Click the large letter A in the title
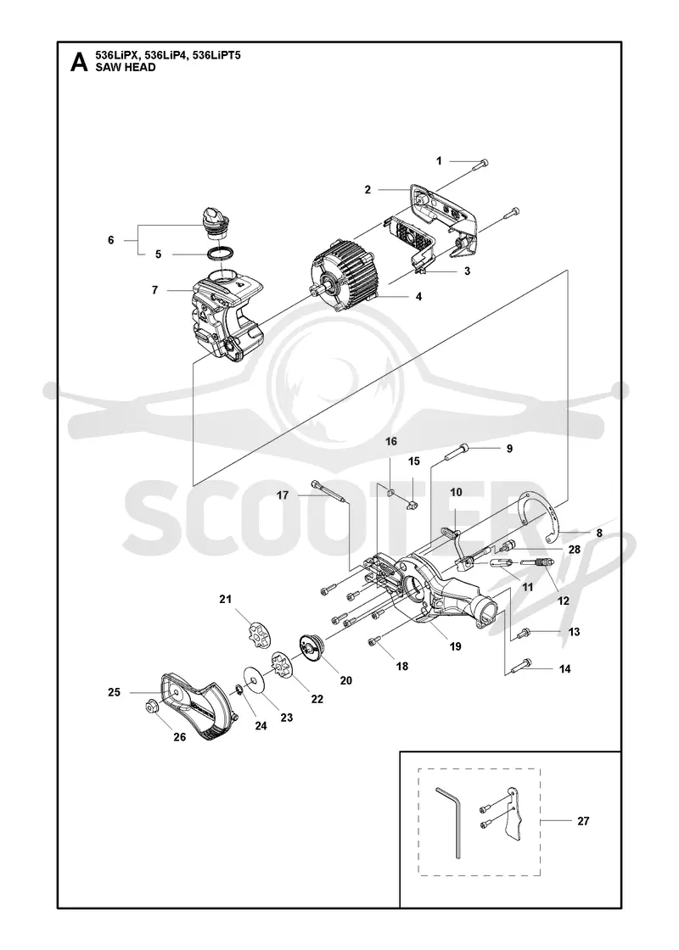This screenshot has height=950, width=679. click(x=80, y=63)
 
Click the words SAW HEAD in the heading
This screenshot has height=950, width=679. click(x=126, y=67)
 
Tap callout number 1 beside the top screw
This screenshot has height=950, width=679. click(x=440, y=160)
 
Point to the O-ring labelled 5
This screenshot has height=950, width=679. click(x=222, y=254)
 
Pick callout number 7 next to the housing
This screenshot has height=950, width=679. click(x=154, y=290)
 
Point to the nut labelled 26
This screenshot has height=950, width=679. click(x=149, y=707)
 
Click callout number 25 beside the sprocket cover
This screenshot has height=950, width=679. click(x=114, y=692)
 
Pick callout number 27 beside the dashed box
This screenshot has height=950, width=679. click(x=582, y=821)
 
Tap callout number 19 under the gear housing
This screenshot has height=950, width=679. click(x=455, y=646)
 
